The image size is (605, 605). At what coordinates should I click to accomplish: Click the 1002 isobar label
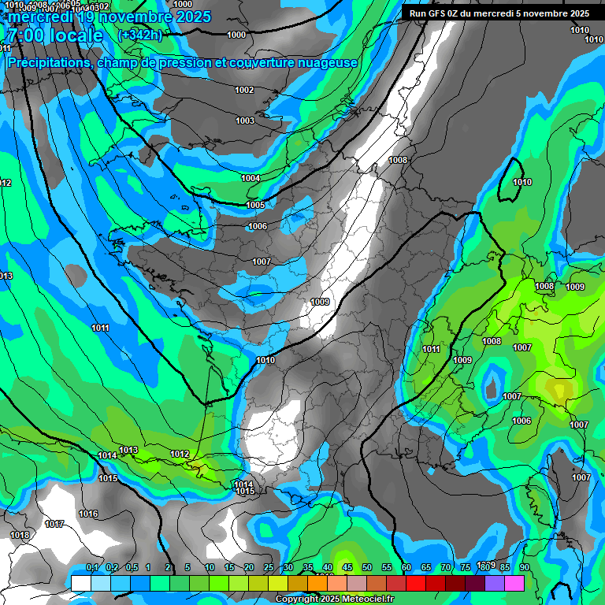click(x=244, y=90)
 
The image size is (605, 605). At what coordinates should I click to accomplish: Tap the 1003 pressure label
click(x=244, y=121)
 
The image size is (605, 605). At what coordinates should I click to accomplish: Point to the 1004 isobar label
click(x=251, y=178)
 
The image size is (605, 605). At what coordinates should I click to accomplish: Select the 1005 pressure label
click(x=255, y=205)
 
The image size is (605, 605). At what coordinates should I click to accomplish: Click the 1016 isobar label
click(x=88, y=514)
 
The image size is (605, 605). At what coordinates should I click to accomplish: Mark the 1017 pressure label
click(x=54, y=524)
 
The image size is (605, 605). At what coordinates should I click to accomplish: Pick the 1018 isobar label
click(x=20, y=535)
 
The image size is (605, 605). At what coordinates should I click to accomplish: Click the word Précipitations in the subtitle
click(x=48, y=62)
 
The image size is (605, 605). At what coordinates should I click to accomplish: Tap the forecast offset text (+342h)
click(x=139, y=35)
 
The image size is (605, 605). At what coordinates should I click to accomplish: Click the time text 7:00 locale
click(x=54, y=35)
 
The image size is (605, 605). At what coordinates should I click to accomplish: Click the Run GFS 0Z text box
click(x=499, y=13)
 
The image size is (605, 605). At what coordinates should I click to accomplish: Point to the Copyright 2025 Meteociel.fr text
click(x=335, y=599)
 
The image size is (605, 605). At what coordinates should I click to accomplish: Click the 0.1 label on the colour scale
click(x=92, y=567)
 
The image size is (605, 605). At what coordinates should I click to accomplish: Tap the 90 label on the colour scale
click(x=524, y=567)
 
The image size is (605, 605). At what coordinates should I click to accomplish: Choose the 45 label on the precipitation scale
click(x=347, y=567)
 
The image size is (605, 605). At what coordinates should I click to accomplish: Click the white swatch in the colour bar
click(x=80, y=582)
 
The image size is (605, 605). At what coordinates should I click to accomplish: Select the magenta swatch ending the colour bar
click(x=514, y=582)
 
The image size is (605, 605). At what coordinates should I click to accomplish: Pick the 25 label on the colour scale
click(x=269, y=567)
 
